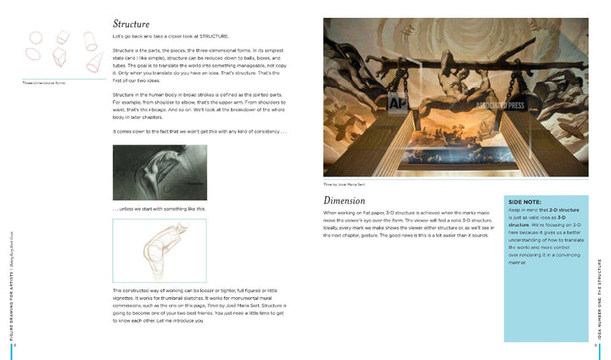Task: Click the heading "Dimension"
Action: coord(345,200)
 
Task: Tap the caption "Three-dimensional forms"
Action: coord(44,83)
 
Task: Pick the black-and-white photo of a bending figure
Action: coord(160,172)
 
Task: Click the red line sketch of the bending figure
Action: coord(160,250)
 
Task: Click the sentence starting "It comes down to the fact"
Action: coord(200,131)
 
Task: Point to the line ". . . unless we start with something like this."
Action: coord(159,209)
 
